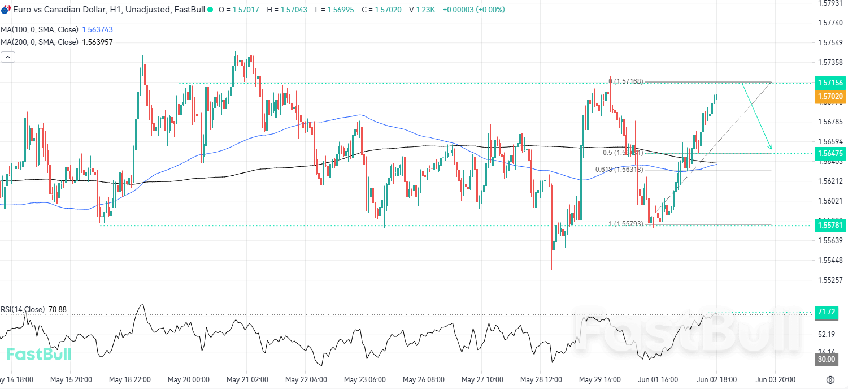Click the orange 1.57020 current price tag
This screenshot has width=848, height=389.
(829, 97)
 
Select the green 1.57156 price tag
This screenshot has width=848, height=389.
(829, 83)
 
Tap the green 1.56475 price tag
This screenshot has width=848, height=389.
(829, 153)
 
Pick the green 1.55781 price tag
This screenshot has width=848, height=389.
(829, 226)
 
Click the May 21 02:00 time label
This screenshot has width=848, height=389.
(247, 379)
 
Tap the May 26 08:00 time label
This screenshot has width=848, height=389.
(423, 379)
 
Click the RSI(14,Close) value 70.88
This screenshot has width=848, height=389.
(58, 309)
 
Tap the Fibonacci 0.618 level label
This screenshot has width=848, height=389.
(619, 170)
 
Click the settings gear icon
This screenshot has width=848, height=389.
(830, 379)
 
